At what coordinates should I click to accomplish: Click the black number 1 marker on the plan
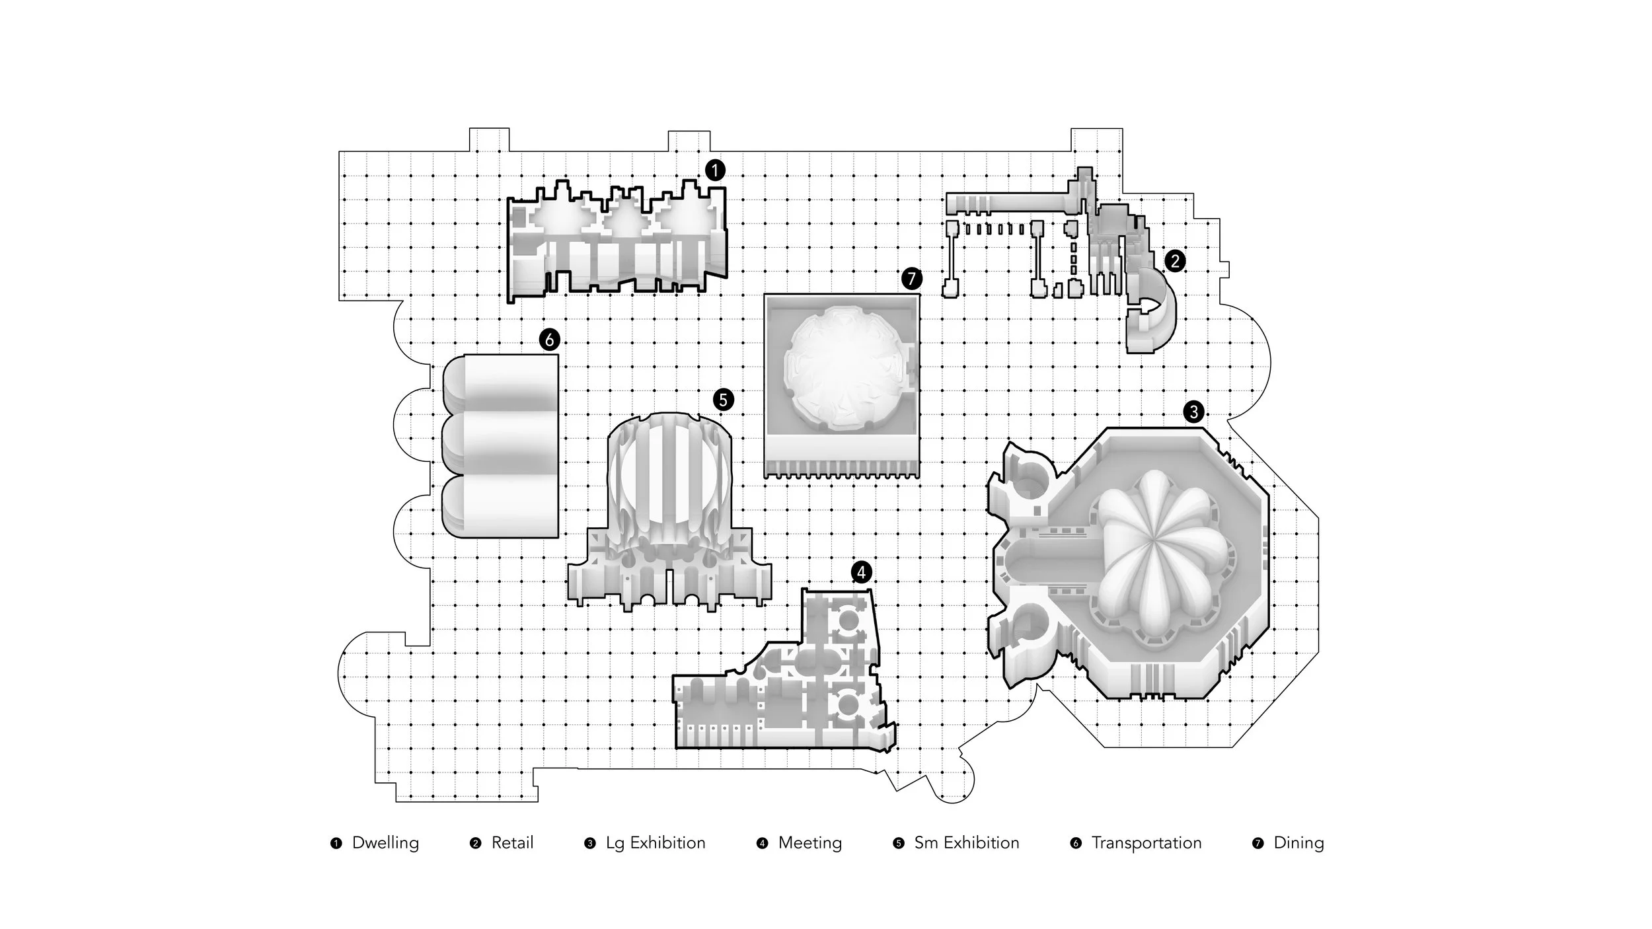point(714,170)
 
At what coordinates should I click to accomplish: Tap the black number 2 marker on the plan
point(1174,261)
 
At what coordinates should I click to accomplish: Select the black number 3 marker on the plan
point(1193,412)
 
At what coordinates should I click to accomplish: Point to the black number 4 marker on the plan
point(861,572)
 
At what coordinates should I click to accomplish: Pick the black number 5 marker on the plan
point(723,400)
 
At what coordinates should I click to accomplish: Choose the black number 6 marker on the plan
point(549,340)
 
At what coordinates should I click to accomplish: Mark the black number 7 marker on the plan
point(911,279)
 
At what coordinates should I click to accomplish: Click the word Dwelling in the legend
point(385,844)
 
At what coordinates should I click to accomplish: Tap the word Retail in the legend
point(512,843)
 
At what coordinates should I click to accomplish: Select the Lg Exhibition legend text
point(656,844)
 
